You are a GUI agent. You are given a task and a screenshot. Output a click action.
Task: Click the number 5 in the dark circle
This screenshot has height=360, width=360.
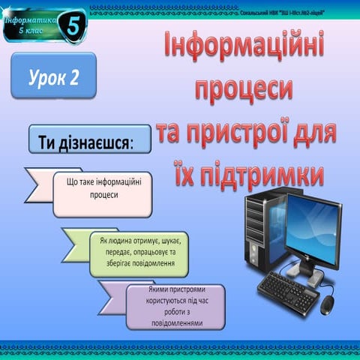pyautogui.click(x=72, y=25)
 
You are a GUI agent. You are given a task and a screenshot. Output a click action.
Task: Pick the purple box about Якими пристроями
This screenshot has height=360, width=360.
pyautogui.click(x=175, y=305)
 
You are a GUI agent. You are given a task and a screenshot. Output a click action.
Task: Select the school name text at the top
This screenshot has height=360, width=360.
pyautogui.click(x=286, y=13)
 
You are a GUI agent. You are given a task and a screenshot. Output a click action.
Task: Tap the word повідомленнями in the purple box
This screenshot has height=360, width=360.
pyautogui.click(x=175, y=323)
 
